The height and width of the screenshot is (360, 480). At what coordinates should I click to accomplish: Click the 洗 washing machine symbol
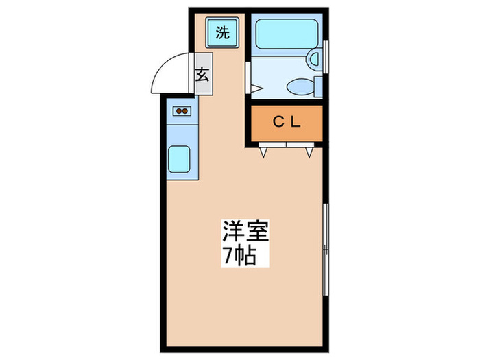(x=222, y=32)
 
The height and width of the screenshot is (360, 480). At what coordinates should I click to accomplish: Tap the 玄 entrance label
(x=202, y=75)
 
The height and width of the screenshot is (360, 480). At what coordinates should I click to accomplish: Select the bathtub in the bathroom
(x=283, y=34)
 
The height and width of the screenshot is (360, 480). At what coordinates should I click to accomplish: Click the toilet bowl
(x=299, y=86)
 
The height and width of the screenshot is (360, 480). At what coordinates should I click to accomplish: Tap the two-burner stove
(x=182, y=110)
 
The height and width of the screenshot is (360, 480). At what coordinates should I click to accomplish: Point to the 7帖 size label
(x=238, y=256)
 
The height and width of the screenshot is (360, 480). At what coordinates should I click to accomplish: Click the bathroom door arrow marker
(x=255, y=88)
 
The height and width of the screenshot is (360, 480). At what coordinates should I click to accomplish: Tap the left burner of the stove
(x=178, y=110)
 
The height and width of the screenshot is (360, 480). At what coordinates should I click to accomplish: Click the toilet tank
(x=317, y=86)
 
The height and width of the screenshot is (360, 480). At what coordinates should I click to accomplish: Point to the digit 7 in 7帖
(x=226, y=257)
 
